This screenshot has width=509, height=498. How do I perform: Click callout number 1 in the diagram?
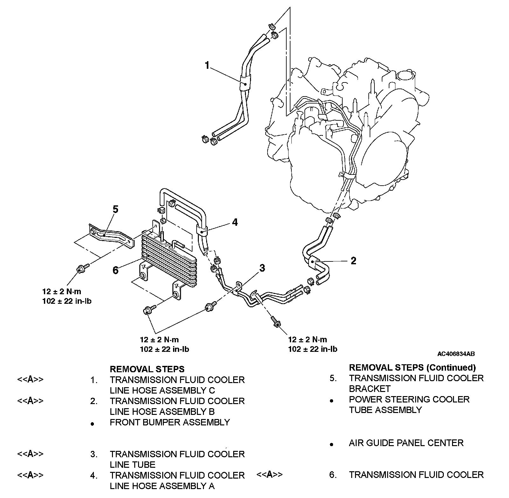(207, 66)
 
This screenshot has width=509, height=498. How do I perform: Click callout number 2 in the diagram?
(353, 261)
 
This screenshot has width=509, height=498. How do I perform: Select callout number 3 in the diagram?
(262, 268)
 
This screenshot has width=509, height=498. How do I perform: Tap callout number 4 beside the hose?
(235, 222)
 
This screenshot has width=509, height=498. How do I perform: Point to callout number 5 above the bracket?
(115, 209)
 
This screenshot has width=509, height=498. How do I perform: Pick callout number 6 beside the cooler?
(115, 270)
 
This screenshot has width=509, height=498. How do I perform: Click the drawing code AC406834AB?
(456, 354)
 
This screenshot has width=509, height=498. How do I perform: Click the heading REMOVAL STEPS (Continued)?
(412, 367)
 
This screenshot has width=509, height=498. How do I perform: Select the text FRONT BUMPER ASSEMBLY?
(170, 422)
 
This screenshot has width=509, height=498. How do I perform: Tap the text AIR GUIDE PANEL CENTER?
(406, 443)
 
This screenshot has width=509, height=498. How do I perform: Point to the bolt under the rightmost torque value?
(275, 322)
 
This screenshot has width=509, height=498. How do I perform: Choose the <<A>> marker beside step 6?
(269, 474)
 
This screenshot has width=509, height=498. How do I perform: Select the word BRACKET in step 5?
(369, 389)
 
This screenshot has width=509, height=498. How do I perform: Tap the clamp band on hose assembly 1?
(245, 84)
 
